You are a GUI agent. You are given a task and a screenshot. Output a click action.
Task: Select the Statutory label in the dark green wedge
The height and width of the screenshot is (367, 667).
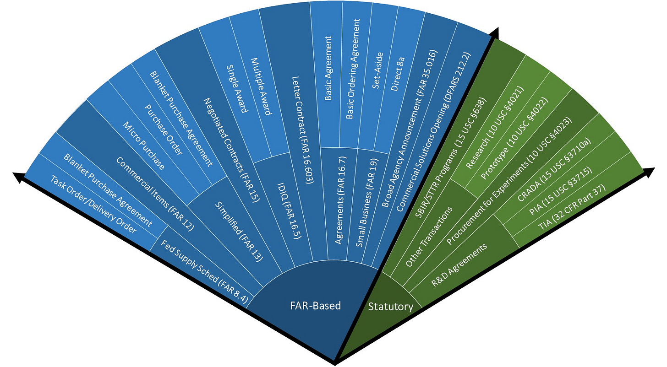pos(390,306)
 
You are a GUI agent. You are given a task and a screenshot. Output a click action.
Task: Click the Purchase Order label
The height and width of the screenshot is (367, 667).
pos(164,130)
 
